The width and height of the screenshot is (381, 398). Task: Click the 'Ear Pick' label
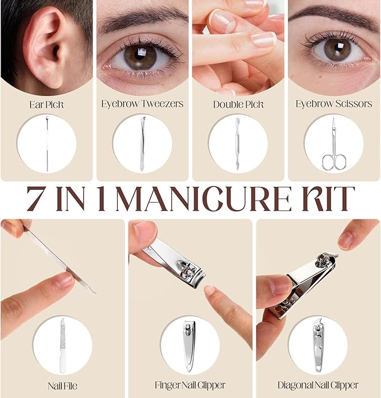coord(47,104)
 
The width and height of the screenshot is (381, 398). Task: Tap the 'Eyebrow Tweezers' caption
coord(143,104)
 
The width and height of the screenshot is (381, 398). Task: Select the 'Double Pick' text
coord(238,104)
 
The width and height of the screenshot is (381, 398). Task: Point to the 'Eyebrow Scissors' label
coord(334,104)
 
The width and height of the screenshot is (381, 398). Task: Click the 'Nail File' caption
coord(62,386)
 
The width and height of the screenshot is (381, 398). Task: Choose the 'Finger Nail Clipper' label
coord(190,385)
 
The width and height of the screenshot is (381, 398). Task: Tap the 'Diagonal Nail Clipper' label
coord(318,385)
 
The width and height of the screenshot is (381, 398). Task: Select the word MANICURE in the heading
coord(203,199)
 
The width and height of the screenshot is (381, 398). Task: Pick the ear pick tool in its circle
coord(47,143)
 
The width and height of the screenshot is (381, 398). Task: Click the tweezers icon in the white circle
coord(142,143)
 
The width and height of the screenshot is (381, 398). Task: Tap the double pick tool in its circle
coord(237,143)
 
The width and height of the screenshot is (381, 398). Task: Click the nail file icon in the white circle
coord(63,346)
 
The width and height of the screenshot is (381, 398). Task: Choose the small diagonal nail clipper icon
coord(318,346)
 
